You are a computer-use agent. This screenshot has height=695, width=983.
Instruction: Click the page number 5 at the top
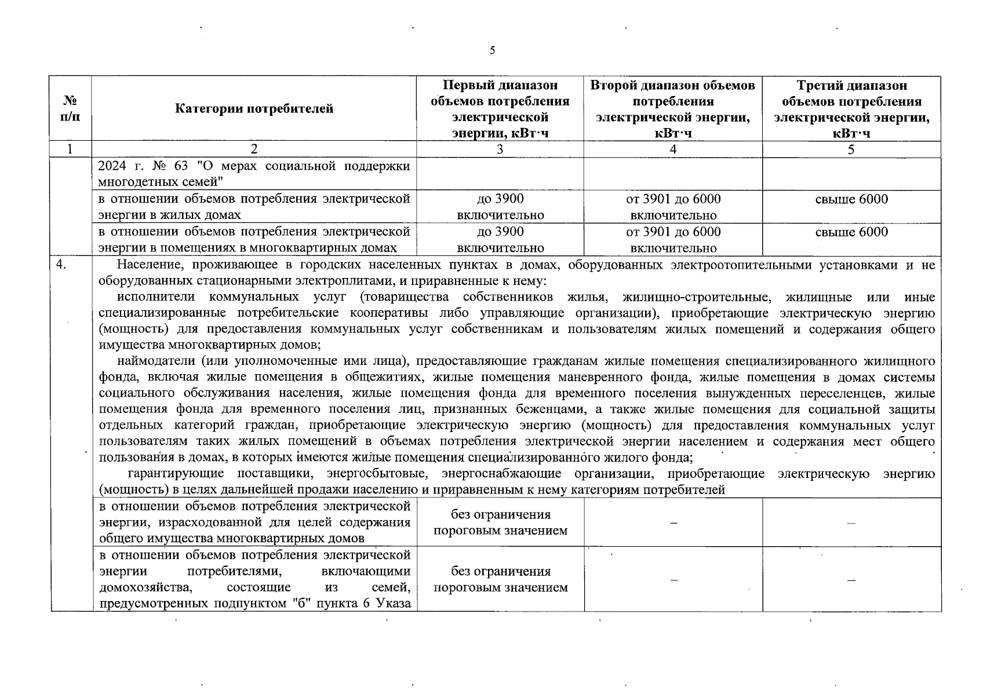[x=492, y=51]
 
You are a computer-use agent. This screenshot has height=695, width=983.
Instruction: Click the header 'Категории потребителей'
[x=254, y=109]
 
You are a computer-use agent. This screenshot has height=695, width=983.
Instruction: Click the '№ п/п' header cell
[x=70, y=109]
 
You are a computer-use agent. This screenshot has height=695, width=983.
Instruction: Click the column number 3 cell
[x=500, y=149]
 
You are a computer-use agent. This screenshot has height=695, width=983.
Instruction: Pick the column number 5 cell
[x=851, y=149]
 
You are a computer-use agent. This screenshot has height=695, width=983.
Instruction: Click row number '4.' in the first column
[x=61, y=265]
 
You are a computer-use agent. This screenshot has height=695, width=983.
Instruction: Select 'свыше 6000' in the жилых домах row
[x=851, y=199]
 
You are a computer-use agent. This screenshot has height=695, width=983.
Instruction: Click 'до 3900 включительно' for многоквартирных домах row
[x=500, y=240]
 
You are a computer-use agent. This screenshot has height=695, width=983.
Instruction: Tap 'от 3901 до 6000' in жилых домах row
[x=672, y=199]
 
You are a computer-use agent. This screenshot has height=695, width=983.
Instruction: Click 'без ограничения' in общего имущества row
[x=500, y=515]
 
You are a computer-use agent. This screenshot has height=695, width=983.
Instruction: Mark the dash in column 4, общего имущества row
[x=672, y=523]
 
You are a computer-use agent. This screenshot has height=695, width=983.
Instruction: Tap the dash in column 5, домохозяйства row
[x=851, y=580]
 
